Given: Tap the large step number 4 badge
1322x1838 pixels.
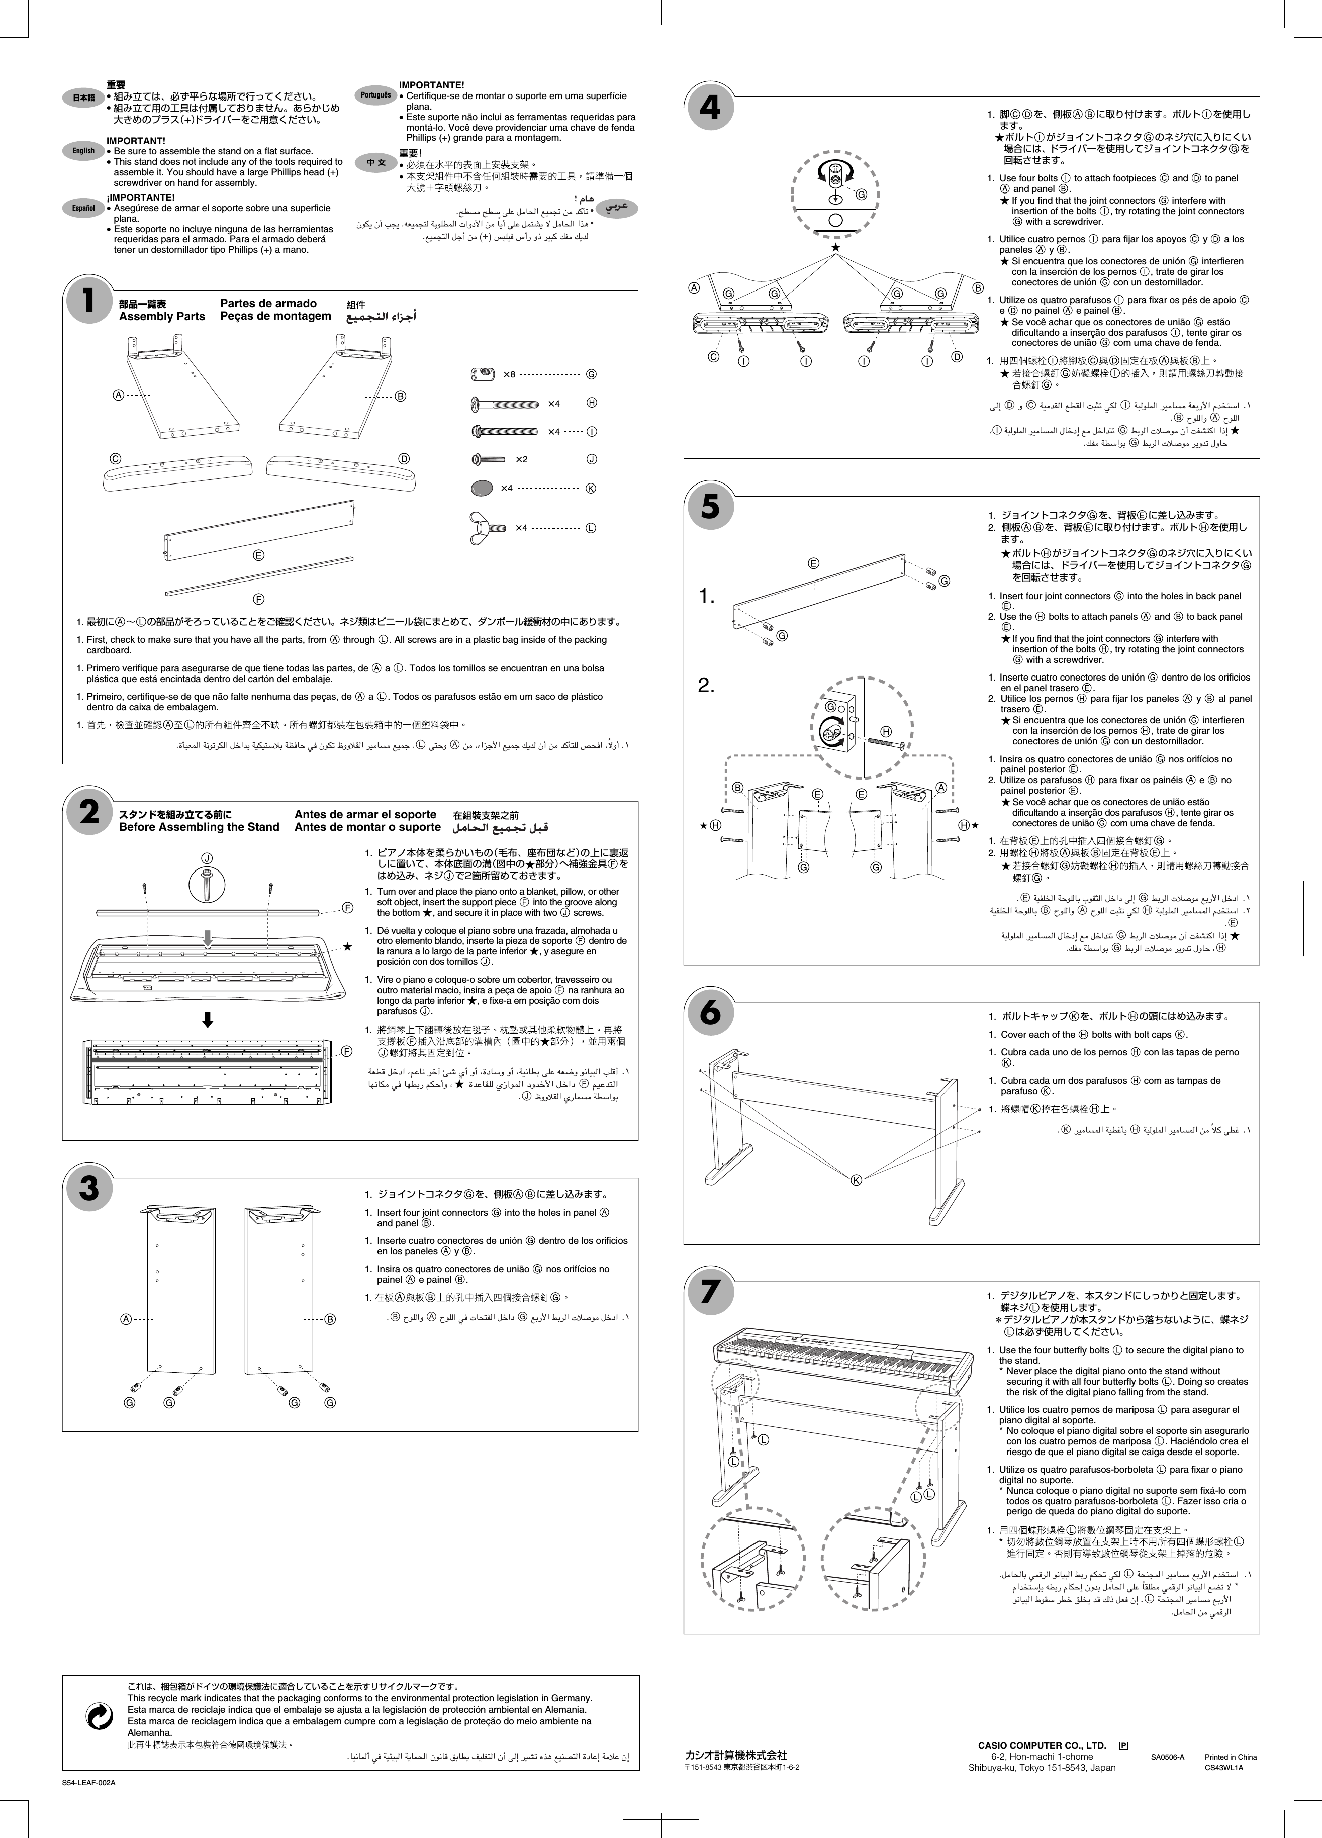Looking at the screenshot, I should pyautogui.click(x=710, y=107).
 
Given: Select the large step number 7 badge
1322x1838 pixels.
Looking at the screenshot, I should pyautogui.click(x=710, y=1292).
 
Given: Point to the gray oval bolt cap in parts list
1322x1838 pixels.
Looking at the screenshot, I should pyautogui.click(x=481, y=488).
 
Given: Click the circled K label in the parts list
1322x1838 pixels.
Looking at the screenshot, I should pyautogui.click(x=591, y=488).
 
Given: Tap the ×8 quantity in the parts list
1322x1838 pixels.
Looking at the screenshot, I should pyautogui.click(x=509, y=374).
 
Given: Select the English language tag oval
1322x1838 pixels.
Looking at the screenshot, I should pyautogui.click(x=83, y=151).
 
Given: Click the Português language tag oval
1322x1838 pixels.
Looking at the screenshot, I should pyautogui.click(x=375, y=95).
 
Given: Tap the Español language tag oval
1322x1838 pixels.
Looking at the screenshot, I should pyautogui.click(x=83, y=208).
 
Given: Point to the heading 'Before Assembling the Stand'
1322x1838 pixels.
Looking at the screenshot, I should pyautogui.click(x=199, y=827).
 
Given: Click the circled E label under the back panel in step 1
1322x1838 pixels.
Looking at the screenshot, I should pyautogui.click(x=258, y=555).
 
